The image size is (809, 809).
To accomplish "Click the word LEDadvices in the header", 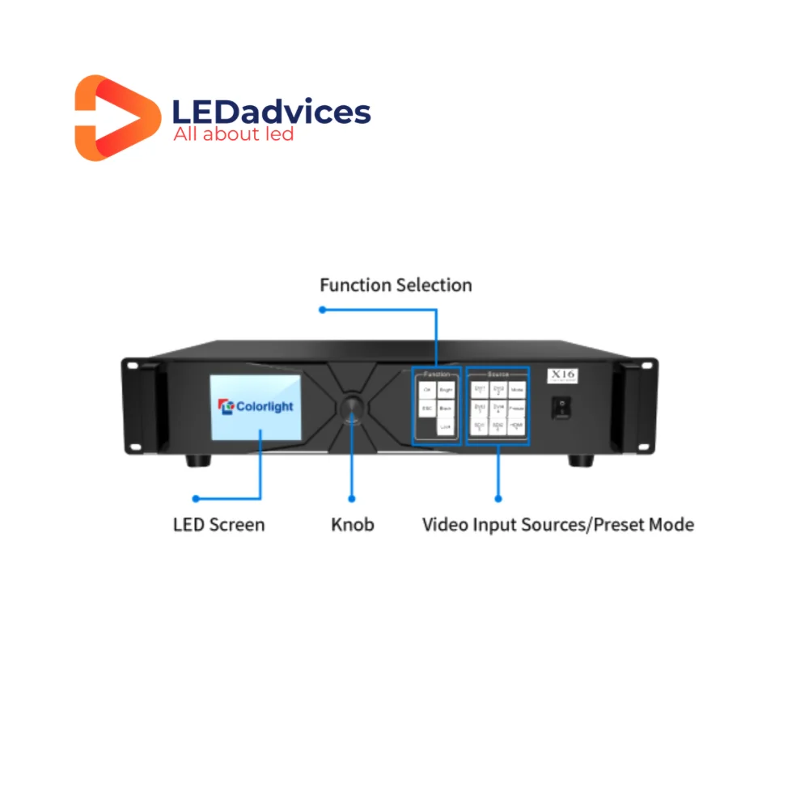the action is (272, 112).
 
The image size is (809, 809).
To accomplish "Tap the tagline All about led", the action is (233, 133).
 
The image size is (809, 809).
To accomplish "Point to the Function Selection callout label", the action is (396, 285).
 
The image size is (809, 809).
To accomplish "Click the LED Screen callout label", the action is (218, 524).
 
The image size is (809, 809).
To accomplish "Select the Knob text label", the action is (352, 524).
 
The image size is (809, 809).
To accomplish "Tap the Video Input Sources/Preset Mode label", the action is (557, 524).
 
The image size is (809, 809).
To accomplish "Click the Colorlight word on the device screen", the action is (265, 406).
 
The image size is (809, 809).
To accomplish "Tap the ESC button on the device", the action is (426, 409).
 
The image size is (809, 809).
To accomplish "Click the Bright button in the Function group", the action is (446, 390).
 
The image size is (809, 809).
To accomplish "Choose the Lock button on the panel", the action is (446, 426).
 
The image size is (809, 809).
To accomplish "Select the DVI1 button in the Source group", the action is (480, 390).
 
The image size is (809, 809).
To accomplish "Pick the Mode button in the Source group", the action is (517, 390).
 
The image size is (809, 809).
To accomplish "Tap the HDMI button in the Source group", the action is (517, 426).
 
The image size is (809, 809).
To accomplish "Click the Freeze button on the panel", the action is (517, 408).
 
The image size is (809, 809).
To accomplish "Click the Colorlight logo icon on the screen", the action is (227, 405).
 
